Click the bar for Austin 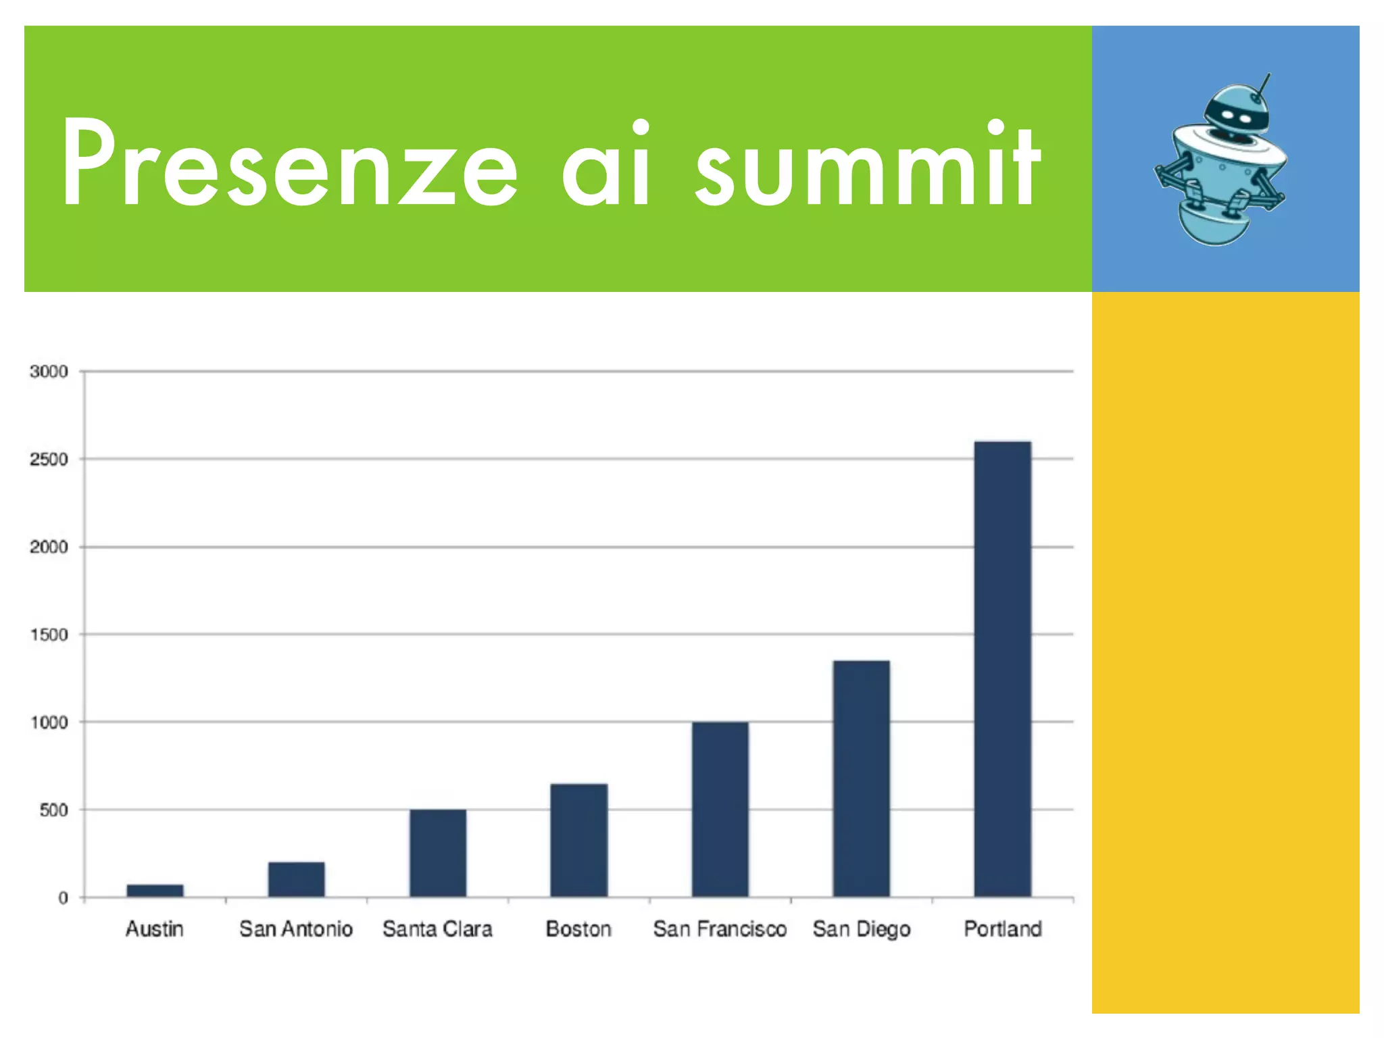coord(155,890)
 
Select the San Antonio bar coord(296,879)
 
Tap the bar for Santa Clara coord(437,853)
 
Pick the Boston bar coord(578,840)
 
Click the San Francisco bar coord(720,809)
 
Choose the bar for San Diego coord(861,778)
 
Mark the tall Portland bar coord(1002,669)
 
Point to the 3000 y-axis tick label coord(49,372)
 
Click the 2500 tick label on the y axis coord(49,460)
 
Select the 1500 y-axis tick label coord(49,635)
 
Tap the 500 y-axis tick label coord(53,810)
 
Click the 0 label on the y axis coord(63,898)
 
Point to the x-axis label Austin coord(155,929)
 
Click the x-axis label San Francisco coord(720,929)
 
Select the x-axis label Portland coord(1002,929)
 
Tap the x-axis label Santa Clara coord(437,929)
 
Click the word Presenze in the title coord(289,164)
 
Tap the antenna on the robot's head coord(1262,86)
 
